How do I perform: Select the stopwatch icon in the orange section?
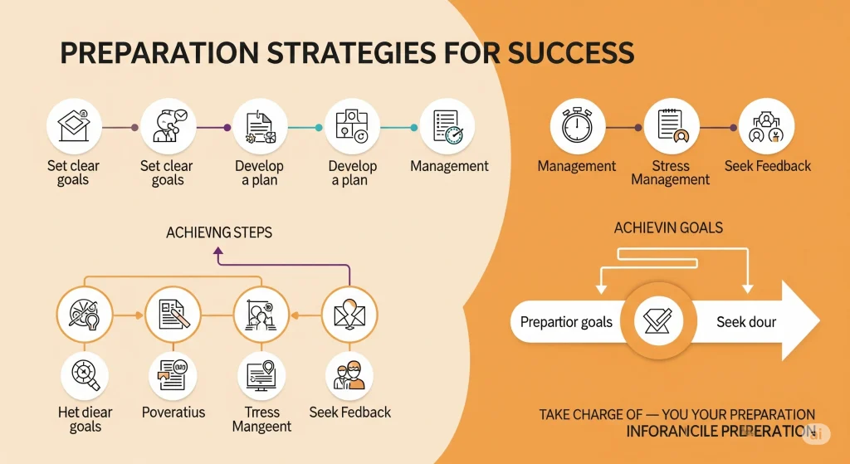tap(578, 127)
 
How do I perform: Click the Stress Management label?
tap(671, 173)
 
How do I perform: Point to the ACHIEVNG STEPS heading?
tap(219, 232)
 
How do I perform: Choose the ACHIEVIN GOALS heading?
tap(668, 227)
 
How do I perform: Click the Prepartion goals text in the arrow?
tap(566, 322)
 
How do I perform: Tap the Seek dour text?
tap(746, 322)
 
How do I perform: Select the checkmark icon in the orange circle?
tap(657, 320)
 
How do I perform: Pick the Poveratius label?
tap(173, 412)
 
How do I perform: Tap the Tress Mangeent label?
tap(262, 419)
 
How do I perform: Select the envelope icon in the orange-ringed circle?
tap(349, 315)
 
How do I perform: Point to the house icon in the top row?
tap(74, 127)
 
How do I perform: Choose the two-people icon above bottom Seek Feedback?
tap(349, 374)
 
